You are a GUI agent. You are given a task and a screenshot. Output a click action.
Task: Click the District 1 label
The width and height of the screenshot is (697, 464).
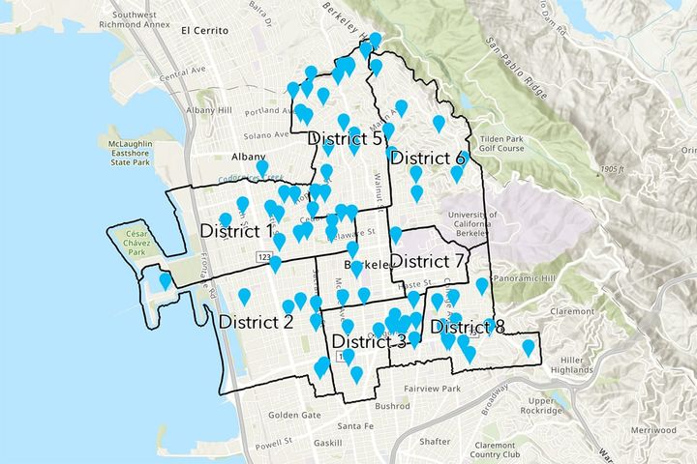[236, 231]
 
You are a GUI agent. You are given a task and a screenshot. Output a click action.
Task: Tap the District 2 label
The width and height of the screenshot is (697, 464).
[256, 322]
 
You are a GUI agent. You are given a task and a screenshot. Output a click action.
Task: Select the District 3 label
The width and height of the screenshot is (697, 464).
[369, 341]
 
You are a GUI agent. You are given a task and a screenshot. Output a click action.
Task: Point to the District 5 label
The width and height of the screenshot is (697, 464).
[345, 139]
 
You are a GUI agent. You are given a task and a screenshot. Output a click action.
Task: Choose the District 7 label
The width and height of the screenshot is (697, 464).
[429, 262]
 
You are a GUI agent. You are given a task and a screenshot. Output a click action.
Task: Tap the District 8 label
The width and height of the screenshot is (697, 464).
[468, 327]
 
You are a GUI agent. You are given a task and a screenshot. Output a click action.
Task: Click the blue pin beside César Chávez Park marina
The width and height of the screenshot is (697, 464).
[166, 281]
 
